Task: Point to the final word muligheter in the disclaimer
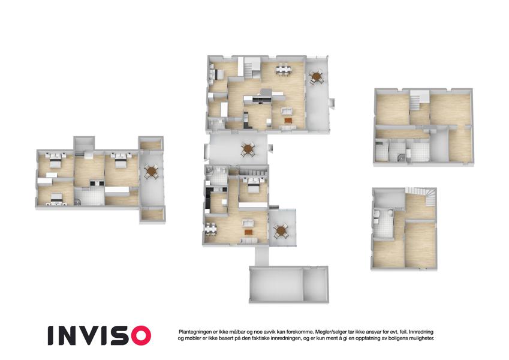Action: (421, 338)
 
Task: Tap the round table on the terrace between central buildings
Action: (248, 149)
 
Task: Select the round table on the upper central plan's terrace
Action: (316, 77)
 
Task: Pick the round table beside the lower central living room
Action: (280, 231)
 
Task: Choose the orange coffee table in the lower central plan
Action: (248, 232)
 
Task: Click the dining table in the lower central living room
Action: (210, 228)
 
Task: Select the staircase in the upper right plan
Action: (415, 101)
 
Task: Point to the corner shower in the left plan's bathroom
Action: (77, 202)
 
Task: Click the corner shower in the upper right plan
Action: (401, 157)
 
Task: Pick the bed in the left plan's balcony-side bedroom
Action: (121, 160)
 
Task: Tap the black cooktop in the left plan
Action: (97, 183)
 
